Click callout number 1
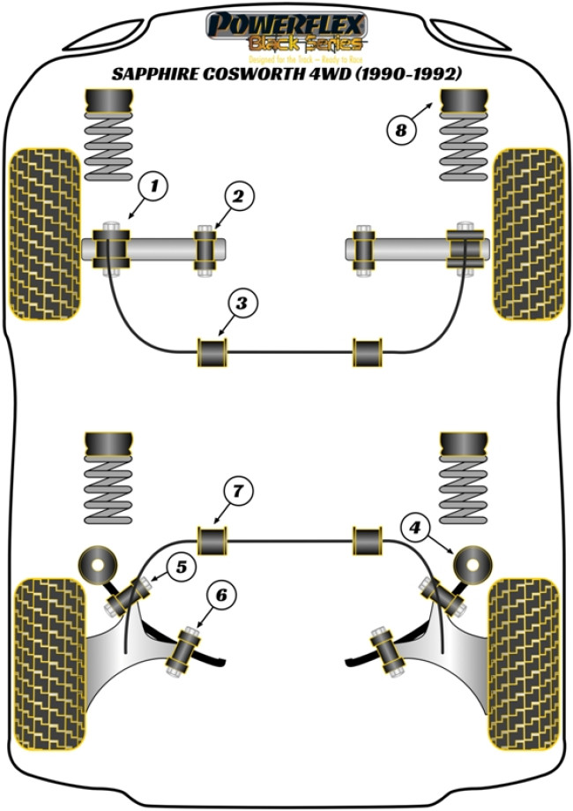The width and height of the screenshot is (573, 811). click(x=153, y=186)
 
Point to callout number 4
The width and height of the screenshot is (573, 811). click(x=416, y=529)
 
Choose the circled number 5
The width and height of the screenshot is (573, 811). click(x=181, y=567)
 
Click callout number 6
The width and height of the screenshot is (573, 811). click(x=220, y=597)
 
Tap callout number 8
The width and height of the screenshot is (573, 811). click(x=401, y=131)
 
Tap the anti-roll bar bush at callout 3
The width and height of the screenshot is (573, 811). click(x=211, y=352)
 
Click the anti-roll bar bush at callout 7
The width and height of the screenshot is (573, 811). click(x=212, y=539)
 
